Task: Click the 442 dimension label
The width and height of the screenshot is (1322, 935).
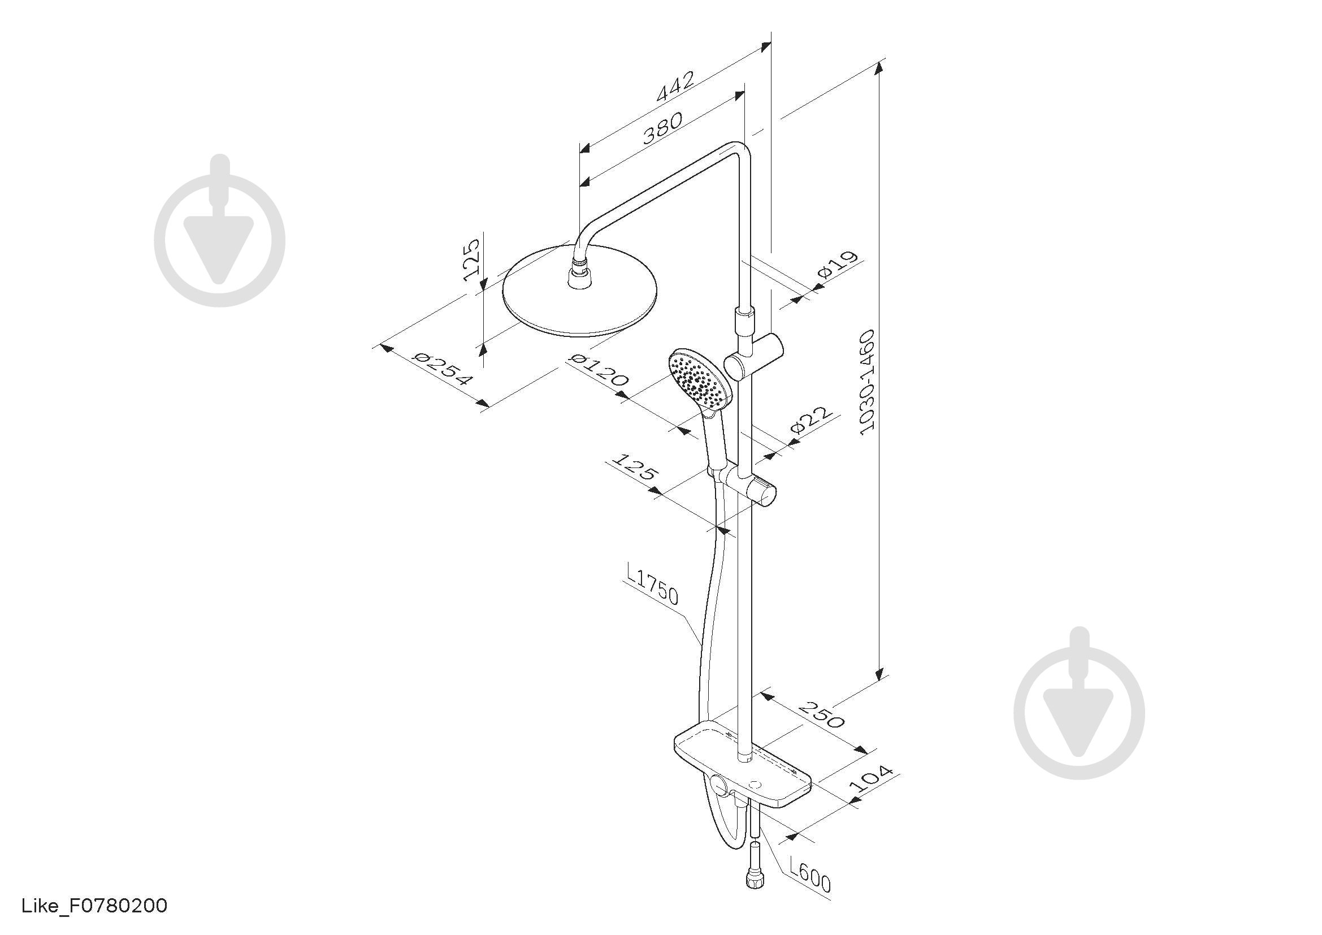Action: point(675,86)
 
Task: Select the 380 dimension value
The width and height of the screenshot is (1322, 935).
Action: point(663,127)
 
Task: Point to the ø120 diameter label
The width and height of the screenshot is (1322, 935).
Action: point(598,370)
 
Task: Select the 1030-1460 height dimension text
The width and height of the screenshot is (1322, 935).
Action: point(866,382)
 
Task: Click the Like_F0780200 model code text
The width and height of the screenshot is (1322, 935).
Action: point(94,906)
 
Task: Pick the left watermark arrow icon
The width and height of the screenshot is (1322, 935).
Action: point(219,230)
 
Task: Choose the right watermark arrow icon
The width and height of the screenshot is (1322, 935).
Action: point(1079,703)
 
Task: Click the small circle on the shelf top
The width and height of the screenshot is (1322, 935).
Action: point(755,784)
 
